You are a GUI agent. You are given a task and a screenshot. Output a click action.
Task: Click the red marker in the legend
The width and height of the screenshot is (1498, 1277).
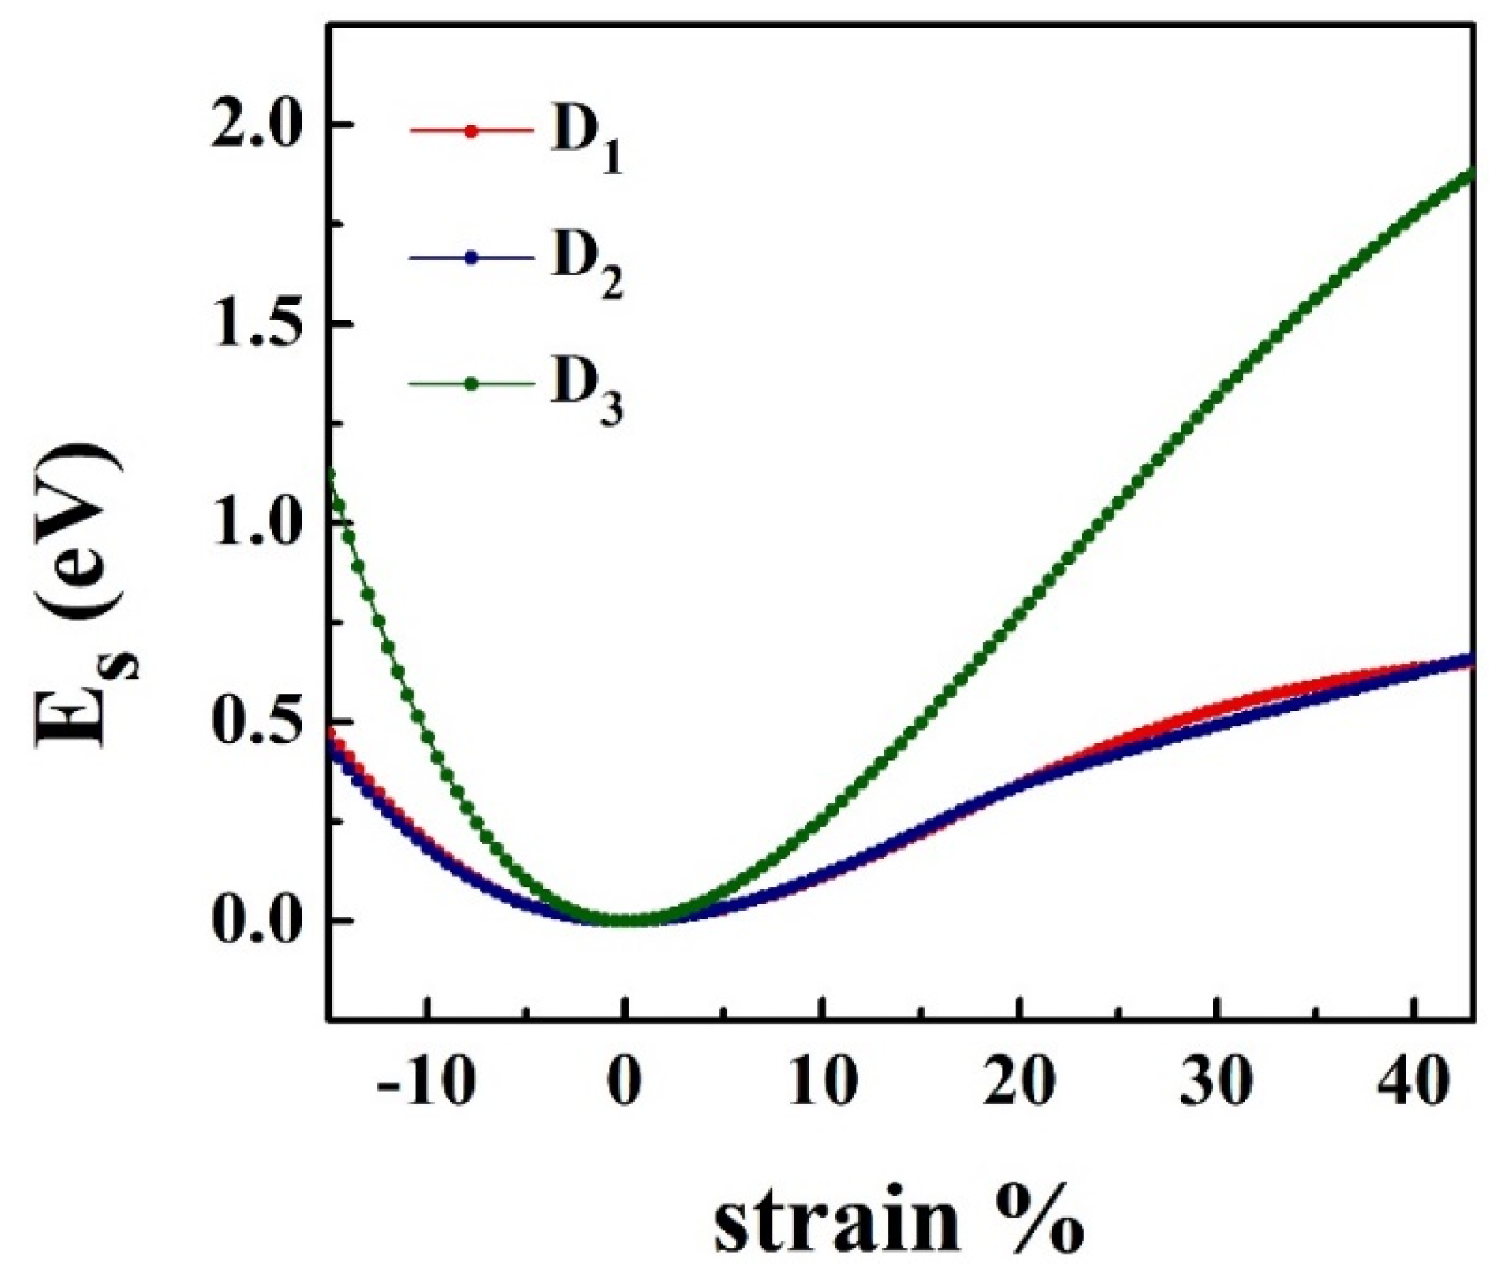click(471, 131)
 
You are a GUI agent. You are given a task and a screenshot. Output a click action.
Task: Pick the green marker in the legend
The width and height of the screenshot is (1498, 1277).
click(471, 384)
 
